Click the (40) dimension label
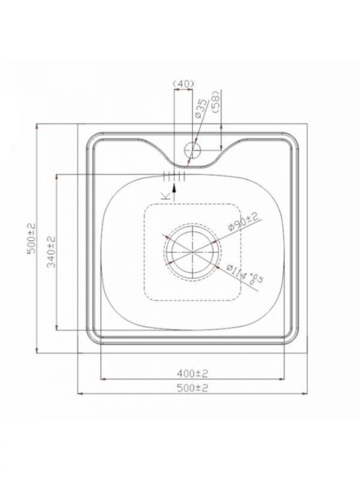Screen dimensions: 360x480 (183, 83)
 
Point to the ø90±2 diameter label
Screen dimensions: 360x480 (244, 222)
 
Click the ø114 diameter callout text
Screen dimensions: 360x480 (237, 272)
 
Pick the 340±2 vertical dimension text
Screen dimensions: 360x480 (52, 252)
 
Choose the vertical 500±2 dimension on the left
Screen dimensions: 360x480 (32, 239)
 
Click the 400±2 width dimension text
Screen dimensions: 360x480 (192, 373)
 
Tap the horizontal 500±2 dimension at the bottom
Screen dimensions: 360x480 (192, 388)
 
